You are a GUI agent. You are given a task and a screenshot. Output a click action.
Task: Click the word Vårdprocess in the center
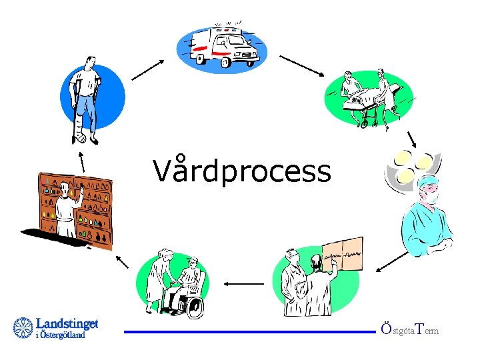pos(241,171)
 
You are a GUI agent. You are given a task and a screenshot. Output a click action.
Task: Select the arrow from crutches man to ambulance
pos(149,69)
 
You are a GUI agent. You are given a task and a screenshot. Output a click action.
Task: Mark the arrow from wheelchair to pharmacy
pos(123,261)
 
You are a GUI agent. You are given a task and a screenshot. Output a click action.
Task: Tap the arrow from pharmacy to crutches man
pos(81,161)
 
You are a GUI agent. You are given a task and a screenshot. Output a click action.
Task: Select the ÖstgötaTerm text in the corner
pos(409,329)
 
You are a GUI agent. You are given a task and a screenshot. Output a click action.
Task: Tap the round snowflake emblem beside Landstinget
pos(23,328)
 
